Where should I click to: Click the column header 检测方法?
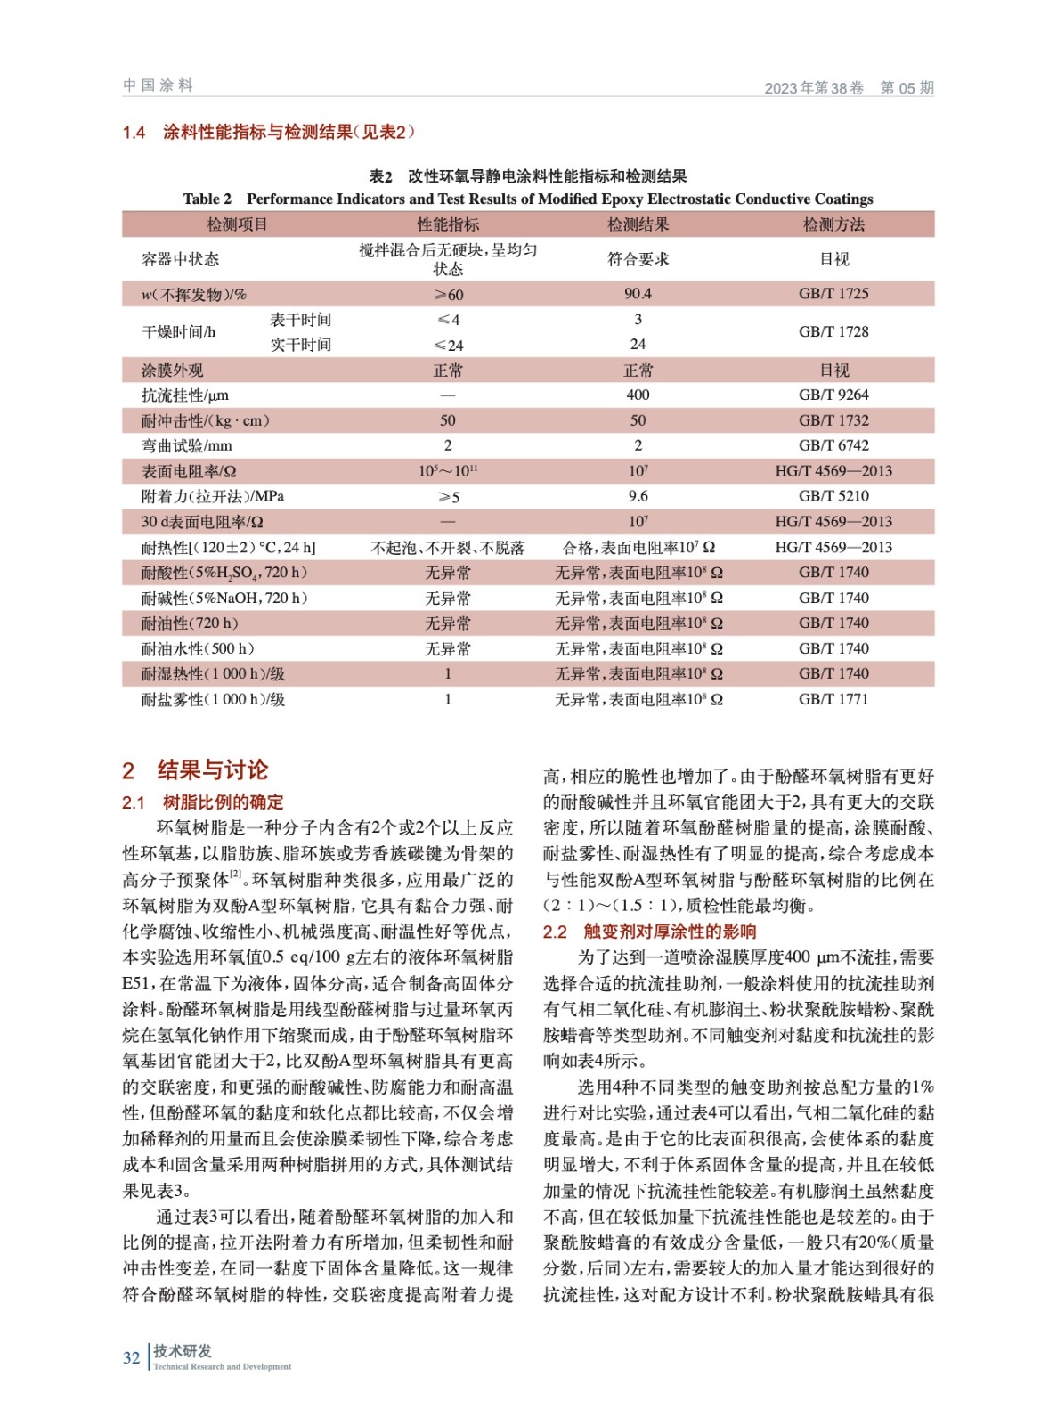tap(833, 224)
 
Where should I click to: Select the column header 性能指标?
tap(447, 224)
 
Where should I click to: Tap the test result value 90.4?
tap(638, 293)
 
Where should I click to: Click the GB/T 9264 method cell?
tap(833, 395)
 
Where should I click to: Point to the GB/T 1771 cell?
tap(833, 699)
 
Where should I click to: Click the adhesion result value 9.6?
tap(638, 496)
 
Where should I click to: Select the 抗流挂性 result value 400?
tap(638, 395)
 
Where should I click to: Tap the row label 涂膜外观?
tap(173, 370)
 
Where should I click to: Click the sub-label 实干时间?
tap(300, 345)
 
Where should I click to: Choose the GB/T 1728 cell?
tap(833, 331)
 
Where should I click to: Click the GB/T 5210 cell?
tap(833, 496)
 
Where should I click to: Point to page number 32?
tap(132, 1357)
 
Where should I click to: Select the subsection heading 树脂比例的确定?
tap(223, 802)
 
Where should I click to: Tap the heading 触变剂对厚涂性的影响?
tap(670, 932)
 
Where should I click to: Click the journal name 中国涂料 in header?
tap(158, 85)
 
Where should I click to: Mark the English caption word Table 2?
tap(207, 199)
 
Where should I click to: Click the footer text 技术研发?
tap(183, 1350)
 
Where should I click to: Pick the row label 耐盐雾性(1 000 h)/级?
tap(214, 699)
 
